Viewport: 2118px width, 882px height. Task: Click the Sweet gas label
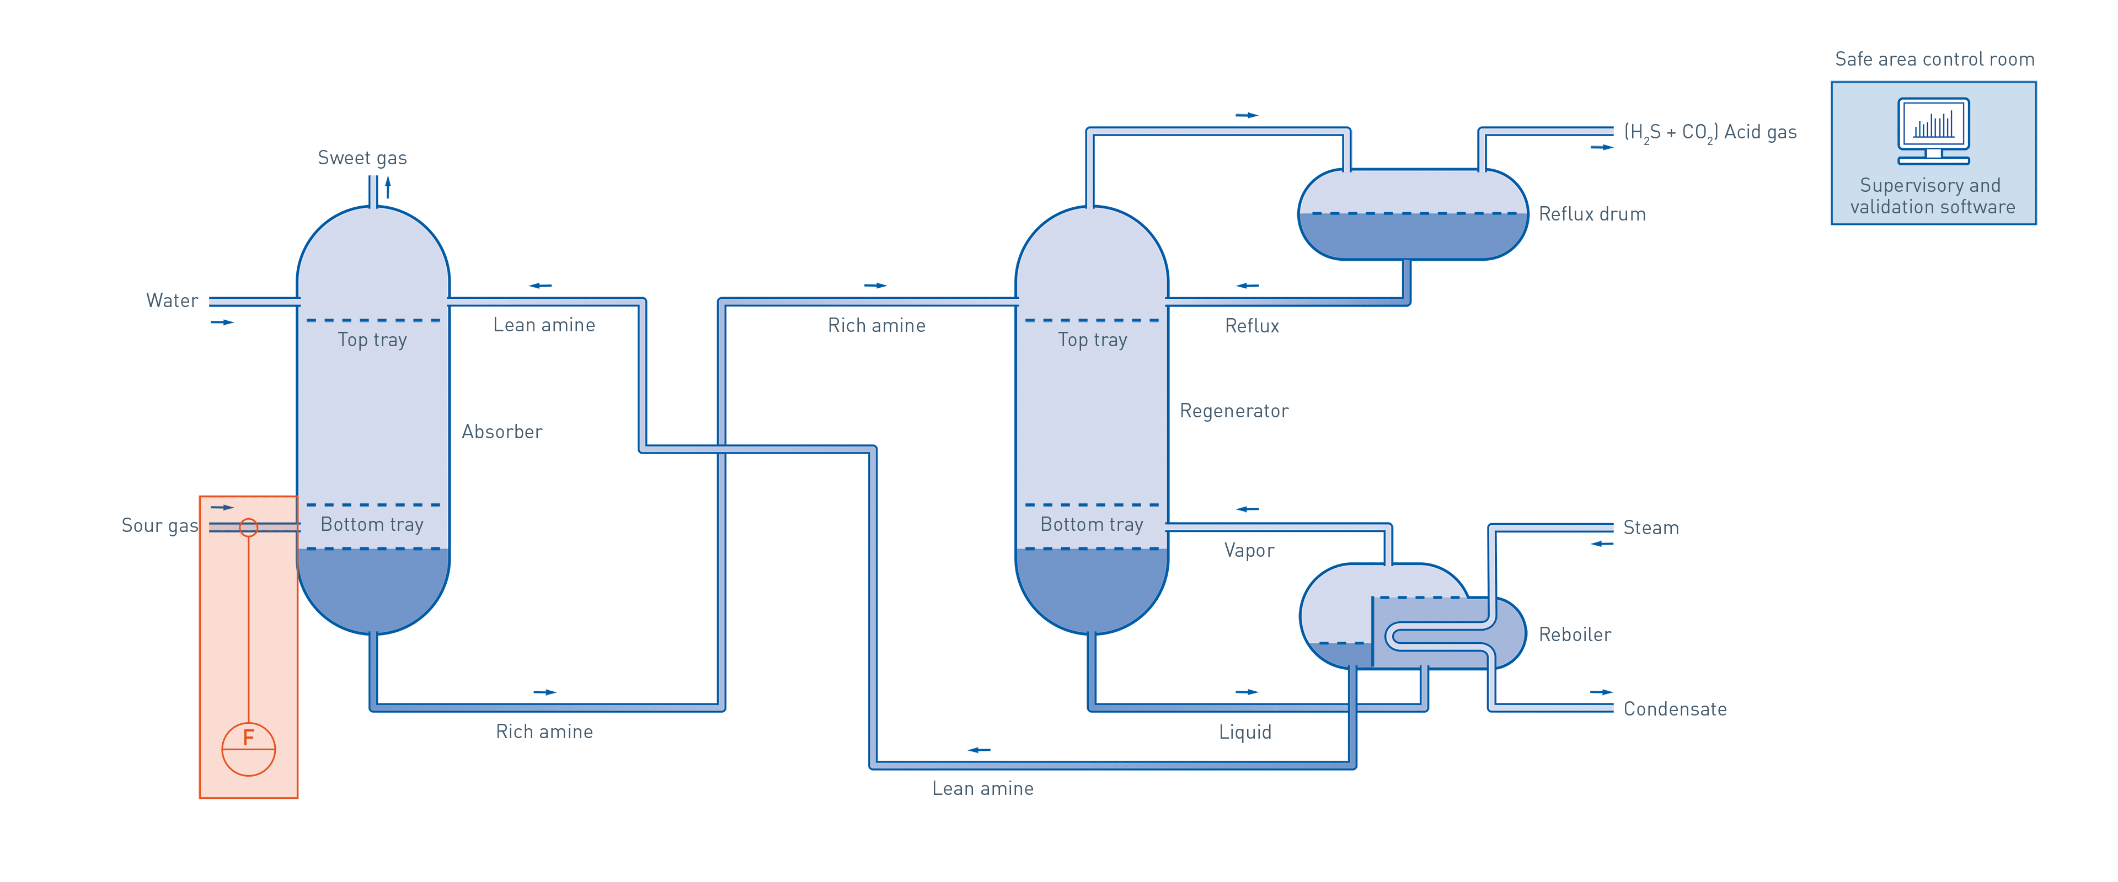[x=362, y=158]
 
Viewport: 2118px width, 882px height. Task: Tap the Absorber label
[x=501, y=432]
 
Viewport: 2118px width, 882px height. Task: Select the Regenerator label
[x=1233, y=411]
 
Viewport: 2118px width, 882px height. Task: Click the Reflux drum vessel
[x=1412, y=216]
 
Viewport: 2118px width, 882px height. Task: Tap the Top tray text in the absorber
[x=372, y=340]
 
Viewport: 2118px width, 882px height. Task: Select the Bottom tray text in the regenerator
[x=1091, y=524]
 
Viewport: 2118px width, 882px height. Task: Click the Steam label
[x=1650, y=528]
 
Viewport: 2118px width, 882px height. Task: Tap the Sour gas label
[x=159, y=526]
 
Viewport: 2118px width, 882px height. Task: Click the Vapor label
[x=1248, y=551]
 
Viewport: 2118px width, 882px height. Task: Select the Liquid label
[x=1245, y=732]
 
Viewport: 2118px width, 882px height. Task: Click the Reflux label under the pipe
[x=1251, y=325]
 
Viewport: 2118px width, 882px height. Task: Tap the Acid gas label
[x=1710, y=132]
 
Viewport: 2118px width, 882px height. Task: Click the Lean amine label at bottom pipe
[x=982, y=788]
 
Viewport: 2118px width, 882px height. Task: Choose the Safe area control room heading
[x=1934, y=59]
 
